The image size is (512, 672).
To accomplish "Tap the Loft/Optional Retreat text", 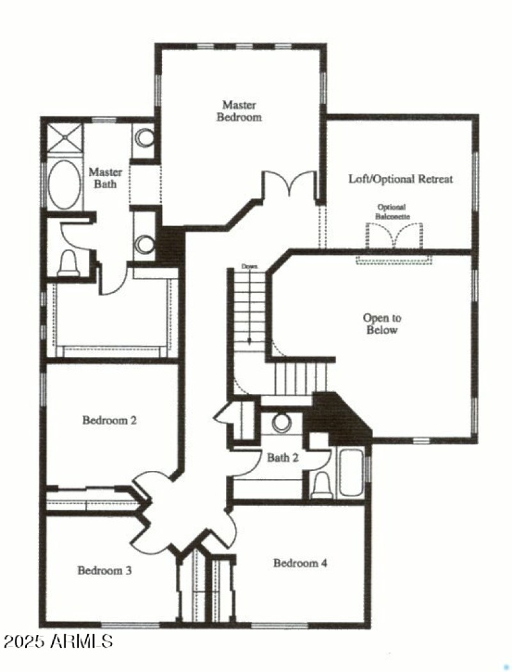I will click(x=400, y=179).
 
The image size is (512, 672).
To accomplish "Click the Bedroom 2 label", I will click(x=109, y=421).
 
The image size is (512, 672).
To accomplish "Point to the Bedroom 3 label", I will click(x=104, y=570).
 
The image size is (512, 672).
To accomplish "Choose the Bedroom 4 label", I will click(x=300, y=563).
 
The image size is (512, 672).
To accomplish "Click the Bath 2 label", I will click(x=282, y=457).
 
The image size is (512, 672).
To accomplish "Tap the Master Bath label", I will click(x=105, y=178).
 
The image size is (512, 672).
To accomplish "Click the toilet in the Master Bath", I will click(x=68, y=263).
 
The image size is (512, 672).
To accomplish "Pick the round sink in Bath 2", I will click(x=281, y=423).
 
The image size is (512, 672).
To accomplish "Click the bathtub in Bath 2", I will click(x=349, y=473).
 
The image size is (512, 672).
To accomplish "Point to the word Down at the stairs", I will click(x=248, y=266).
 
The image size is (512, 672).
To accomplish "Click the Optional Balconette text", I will click(x=393, y=212).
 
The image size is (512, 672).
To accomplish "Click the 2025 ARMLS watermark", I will click(x=58, y=641).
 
